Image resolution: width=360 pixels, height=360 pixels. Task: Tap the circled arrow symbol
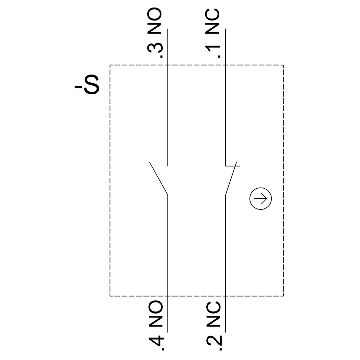(x=261, y=199)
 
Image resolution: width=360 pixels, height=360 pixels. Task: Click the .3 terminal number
(x=155, y=50)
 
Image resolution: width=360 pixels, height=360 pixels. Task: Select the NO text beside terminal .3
(x=154, y=21)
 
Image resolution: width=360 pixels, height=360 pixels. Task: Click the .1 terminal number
(x=213, y=51)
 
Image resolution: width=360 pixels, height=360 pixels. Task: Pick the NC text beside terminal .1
(x=212, y=21)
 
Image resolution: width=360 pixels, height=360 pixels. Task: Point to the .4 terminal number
(x=156, y=343)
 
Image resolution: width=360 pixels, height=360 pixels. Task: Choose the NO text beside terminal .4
(x=156, y=314)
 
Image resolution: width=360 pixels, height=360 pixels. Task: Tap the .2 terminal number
(x=214, y=343)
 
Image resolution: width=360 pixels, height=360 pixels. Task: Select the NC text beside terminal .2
(x=213, y=314)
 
